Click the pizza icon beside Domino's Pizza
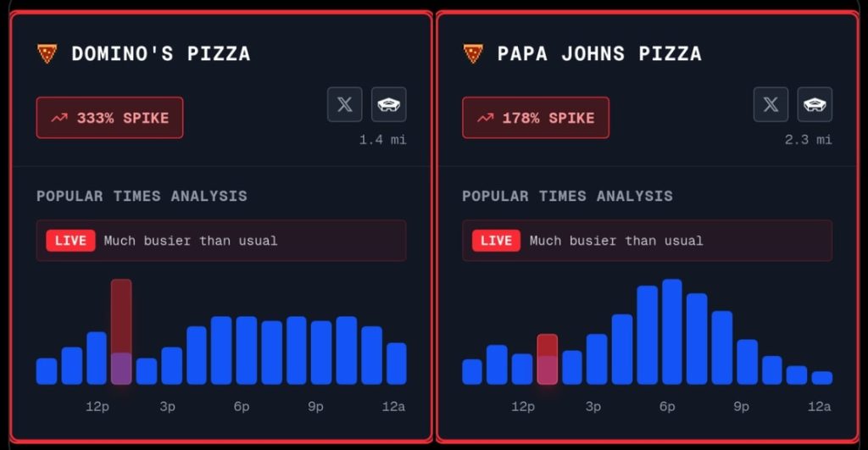47,54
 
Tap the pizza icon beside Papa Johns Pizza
472,54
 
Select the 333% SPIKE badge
109,118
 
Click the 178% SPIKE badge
535,118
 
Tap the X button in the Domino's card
345,104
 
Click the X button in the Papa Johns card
771,104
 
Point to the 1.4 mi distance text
382,140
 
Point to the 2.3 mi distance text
808,140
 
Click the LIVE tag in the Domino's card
70,241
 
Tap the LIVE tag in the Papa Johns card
496,241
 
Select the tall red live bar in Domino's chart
121,331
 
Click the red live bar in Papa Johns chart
547,358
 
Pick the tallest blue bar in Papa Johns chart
672,331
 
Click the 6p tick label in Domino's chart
242,407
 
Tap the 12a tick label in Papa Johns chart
819,407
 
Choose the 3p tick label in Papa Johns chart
593,407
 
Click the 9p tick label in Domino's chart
315,407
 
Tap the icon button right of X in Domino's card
389,104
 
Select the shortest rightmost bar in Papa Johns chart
821,378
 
